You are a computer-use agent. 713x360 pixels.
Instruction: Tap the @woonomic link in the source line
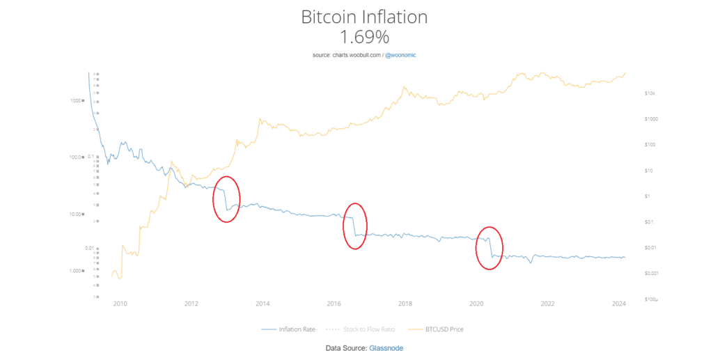click(400, 54)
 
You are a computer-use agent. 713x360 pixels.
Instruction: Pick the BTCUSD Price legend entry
click(437, 329)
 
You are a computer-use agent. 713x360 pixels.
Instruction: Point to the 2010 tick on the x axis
click(120, 304)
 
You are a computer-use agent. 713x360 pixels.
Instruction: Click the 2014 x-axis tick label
click(263, 304)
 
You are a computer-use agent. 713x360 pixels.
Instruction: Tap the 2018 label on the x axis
click(405, 304)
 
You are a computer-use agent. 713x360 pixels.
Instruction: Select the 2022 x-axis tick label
click(548, 304)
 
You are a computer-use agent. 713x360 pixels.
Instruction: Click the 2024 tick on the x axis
click(619, 304)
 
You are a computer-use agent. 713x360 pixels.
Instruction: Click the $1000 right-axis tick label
click(651, 118)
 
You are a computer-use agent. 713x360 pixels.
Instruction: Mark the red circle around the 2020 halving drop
click(489, 248)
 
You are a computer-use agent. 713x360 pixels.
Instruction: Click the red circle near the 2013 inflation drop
click(227, 199)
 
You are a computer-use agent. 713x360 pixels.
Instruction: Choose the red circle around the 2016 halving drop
click(355, 226)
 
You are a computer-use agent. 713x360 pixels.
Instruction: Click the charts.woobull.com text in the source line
click(357, 54)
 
